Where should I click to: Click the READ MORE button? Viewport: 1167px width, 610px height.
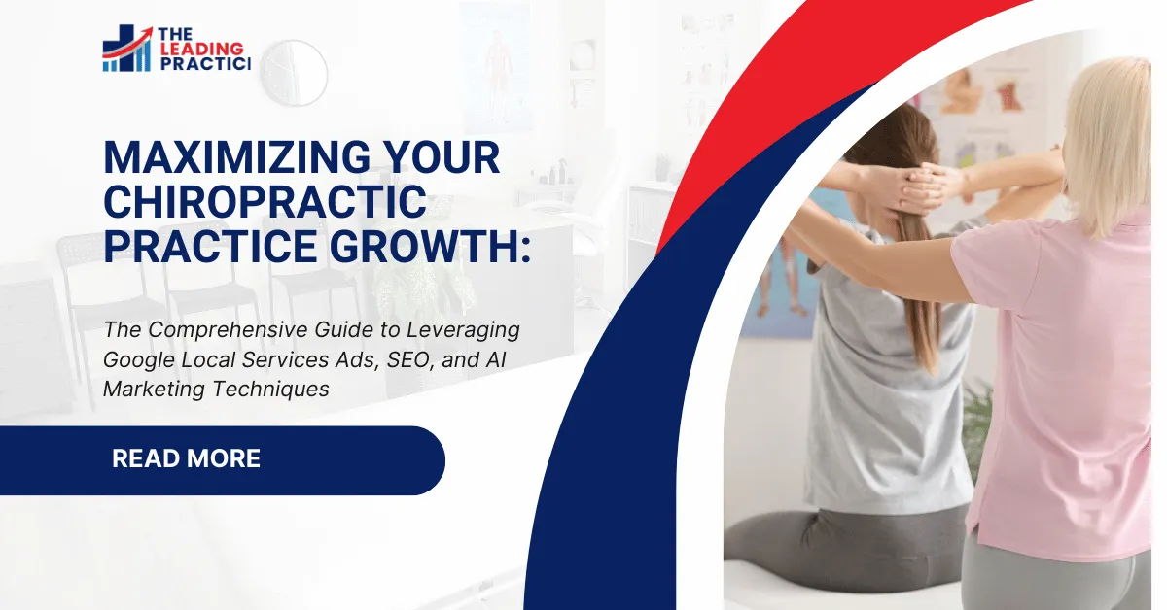pos(187,459)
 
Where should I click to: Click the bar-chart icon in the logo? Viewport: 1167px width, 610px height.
pos(125,51)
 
